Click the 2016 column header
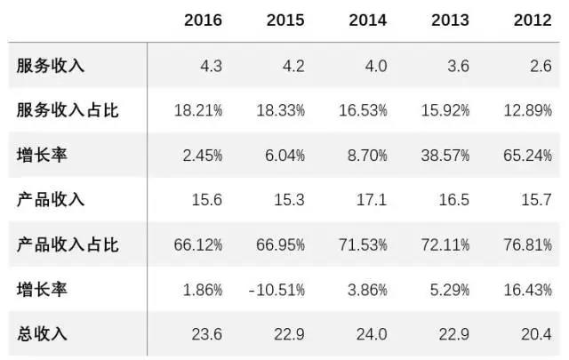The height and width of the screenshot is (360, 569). point(203,20)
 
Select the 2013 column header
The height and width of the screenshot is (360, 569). point(450,20)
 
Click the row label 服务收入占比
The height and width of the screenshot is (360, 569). point(67,111)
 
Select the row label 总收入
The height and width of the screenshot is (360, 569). point(42,334)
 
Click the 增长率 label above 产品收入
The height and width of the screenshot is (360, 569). point(42,156)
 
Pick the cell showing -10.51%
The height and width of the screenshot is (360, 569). point(276,290)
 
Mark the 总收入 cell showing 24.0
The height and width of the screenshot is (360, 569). point(373,334)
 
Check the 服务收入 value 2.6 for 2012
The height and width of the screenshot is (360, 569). point(541,66)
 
